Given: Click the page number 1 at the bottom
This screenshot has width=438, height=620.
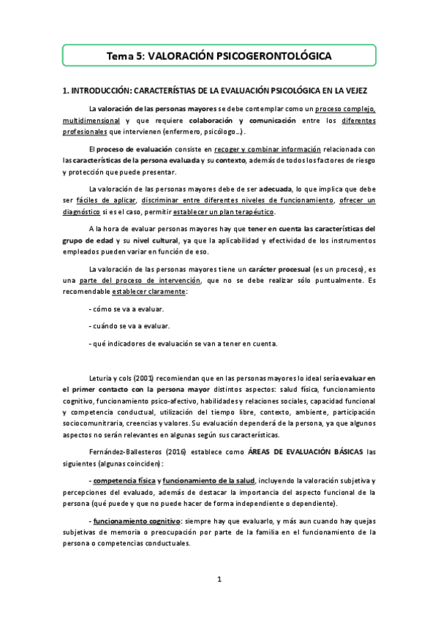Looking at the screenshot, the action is point(219,580).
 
